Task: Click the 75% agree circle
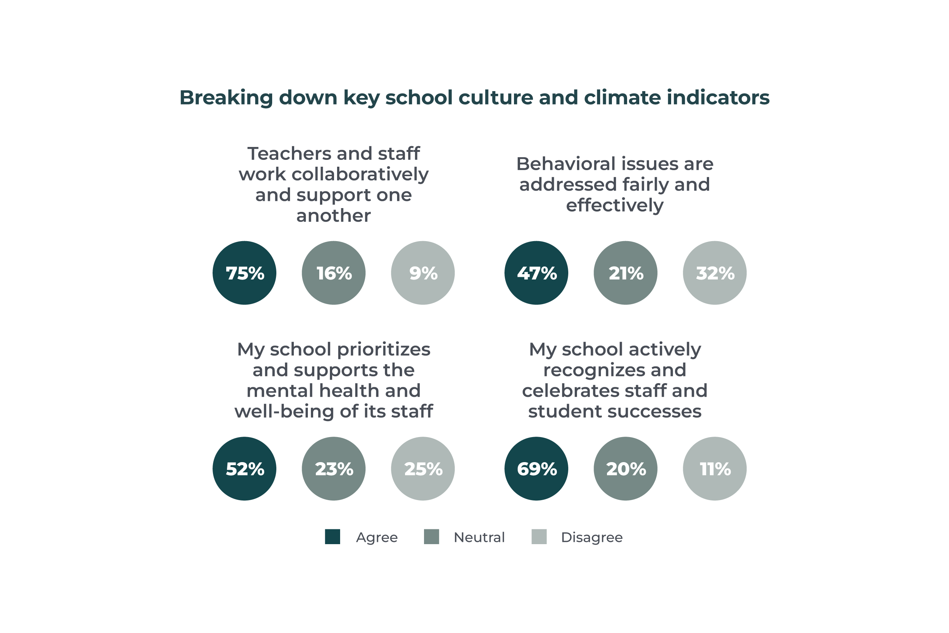tap(244, 273)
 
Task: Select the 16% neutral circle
tap(334, 273)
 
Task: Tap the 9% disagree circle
tap(423, 273)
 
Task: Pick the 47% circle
tap(536, 273)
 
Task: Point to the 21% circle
tap(626, 273)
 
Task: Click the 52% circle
tap(244, 469)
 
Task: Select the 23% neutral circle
tap(334, 469)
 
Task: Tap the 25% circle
tap(423, 469)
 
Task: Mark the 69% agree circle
tap(536, 469)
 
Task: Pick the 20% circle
tap(626, 469)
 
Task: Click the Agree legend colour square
tap(333, 537)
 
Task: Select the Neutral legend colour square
tap(431, 537)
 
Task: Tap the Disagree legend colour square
tap(539, 537)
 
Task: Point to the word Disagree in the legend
tap(591, 537)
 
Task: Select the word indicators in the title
tap(718, 98)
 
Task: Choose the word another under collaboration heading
tap(333, 216)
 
